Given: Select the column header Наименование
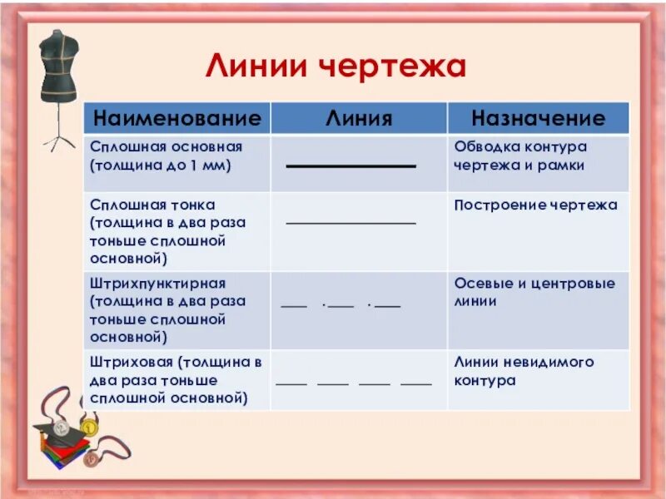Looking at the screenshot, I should click(176, 118).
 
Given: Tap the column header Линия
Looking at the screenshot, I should click(358, 118).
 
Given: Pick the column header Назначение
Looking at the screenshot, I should click(538, 118).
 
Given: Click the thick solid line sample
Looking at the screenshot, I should click(350, 167).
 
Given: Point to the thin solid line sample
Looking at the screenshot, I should click(350, 224).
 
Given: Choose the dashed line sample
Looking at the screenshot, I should click(354, 384).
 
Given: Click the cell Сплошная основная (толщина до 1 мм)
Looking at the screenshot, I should click(166, 156).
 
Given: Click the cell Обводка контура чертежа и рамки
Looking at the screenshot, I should click(520, 156).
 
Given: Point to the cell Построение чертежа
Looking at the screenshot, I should click(535, 205).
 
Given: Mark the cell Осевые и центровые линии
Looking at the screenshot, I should click(534, 292).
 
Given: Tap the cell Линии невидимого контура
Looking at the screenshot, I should click(524, 371).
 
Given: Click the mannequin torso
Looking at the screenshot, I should click(58, 62).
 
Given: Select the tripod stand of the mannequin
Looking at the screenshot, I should click(59, 133).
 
